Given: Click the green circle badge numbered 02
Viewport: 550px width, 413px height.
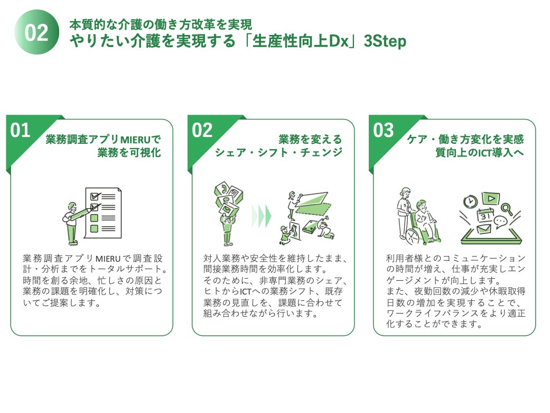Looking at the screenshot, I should coord(36,32).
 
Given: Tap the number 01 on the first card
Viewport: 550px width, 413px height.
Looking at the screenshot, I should coord(21,130).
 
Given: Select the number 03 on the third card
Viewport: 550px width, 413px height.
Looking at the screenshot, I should coord(384,130).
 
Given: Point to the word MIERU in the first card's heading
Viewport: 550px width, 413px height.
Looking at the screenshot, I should coord(136,140).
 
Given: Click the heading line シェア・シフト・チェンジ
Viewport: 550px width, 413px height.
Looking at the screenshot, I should coord(278,153).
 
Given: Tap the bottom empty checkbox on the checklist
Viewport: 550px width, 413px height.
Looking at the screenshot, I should coord(95,228).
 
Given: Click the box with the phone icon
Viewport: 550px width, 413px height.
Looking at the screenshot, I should coord(222,190).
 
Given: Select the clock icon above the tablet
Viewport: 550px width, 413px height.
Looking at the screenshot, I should coord(470,201).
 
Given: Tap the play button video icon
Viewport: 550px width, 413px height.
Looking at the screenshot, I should coord(491,198).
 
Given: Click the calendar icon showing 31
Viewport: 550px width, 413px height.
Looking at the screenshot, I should coord(485,216).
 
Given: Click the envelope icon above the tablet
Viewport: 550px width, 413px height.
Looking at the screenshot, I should coord(484,230).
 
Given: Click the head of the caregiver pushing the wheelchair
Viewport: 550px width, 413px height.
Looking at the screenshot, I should coord(405,192).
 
